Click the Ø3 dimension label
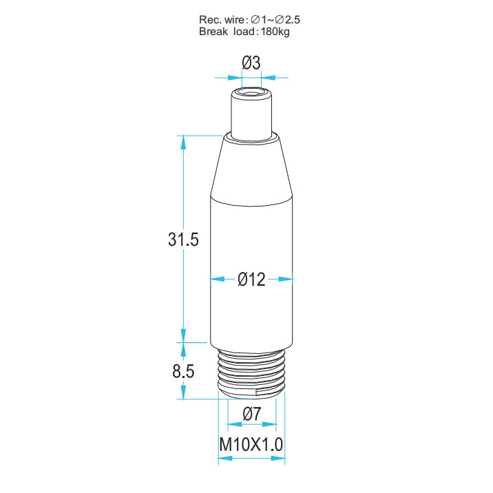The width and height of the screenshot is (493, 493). [x=251, y=63]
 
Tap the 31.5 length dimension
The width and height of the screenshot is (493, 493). [x=183, y=239]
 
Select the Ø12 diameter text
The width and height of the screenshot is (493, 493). [x=251, y=279]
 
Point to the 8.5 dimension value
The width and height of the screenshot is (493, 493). [x=183, y=371]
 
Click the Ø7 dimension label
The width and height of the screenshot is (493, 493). [x=252, y=414]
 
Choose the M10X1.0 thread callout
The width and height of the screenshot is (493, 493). [x=251, y=445]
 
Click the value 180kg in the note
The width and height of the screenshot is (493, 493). [x=275, y=32]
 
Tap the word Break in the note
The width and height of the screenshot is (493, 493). [x=213, y=32]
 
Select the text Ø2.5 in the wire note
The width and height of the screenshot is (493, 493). [x=288, y=20]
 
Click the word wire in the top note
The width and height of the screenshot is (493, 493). [x=234, y=20]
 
